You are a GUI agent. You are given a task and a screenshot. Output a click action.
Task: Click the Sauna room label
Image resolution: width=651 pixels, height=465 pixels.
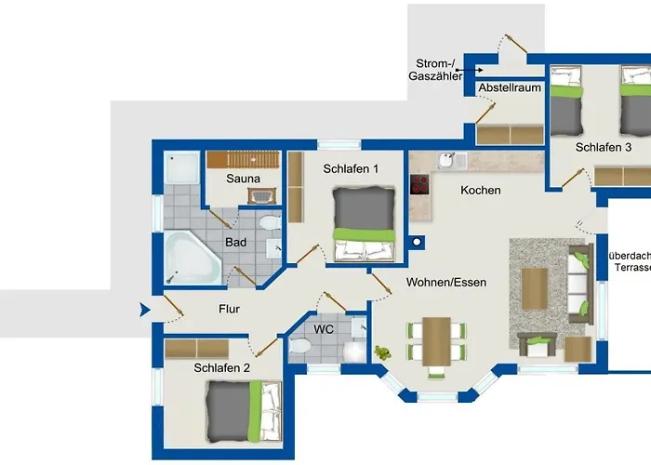point(244,179)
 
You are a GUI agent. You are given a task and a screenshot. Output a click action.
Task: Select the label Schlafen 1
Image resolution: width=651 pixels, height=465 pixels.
point(351,169)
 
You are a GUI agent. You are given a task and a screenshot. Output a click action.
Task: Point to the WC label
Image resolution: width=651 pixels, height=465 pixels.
point(324,330)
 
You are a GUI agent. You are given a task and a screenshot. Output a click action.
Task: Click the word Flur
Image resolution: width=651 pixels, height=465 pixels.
point(231,310)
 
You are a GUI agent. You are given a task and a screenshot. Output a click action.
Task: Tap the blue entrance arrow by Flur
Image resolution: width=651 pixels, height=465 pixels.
point(144,310)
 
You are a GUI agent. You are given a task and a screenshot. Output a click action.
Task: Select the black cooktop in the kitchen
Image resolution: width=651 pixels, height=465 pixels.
point(420,183)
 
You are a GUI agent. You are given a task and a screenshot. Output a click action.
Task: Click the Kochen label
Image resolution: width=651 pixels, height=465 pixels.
point(481,191)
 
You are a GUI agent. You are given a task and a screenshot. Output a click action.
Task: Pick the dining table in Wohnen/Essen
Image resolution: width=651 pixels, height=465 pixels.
point(436,340)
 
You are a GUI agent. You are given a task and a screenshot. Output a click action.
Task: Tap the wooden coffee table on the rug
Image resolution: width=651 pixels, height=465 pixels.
point(534,287)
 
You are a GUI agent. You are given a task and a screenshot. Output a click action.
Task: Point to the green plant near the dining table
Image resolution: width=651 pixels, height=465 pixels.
point(381,352)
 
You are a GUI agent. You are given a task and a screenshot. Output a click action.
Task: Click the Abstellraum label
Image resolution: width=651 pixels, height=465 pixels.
point(510,88)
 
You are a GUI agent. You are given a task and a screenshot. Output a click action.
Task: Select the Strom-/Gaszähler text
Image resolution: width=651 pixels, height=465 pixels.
point(436,70)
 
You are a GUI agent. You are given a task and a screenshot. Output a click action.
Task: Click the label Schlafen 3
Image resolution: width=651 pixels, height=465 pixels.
point(604,148)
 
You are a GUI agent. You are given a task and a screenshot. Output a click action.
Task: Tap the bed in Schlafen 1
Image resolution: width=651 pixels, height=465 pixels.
point(365,224)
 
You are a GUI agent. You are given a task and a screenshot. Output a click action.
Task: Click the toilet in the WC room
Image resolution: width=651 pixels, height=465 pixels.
point(300,346)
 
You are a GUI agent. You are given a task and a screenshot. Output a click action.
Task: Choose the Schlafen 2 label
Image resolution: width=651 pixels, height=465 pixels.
point(222,367)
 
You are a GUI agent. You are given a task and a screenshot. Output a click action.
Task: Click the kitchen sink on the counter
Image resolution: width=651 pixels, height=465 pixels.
point(446,161)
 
